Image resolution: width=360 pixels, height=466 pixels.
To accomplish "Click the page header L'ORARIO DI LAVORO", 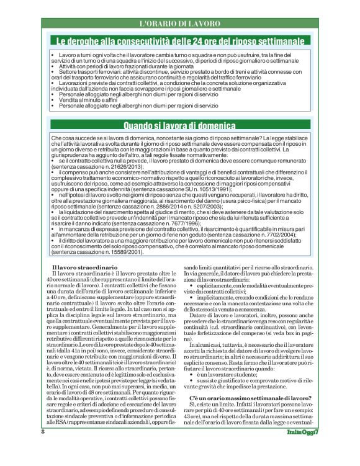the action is click(179, 23).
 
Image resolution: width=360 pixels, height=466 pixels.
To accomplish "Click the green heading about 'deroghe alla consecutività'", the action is click(179, 41).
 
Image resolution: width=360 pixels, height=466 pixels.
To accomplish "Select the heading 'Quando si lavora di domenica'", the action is click(179, 125).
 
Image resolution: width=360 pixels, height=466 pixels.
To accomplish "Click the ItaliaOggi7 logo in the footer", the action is click(302, 448).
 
